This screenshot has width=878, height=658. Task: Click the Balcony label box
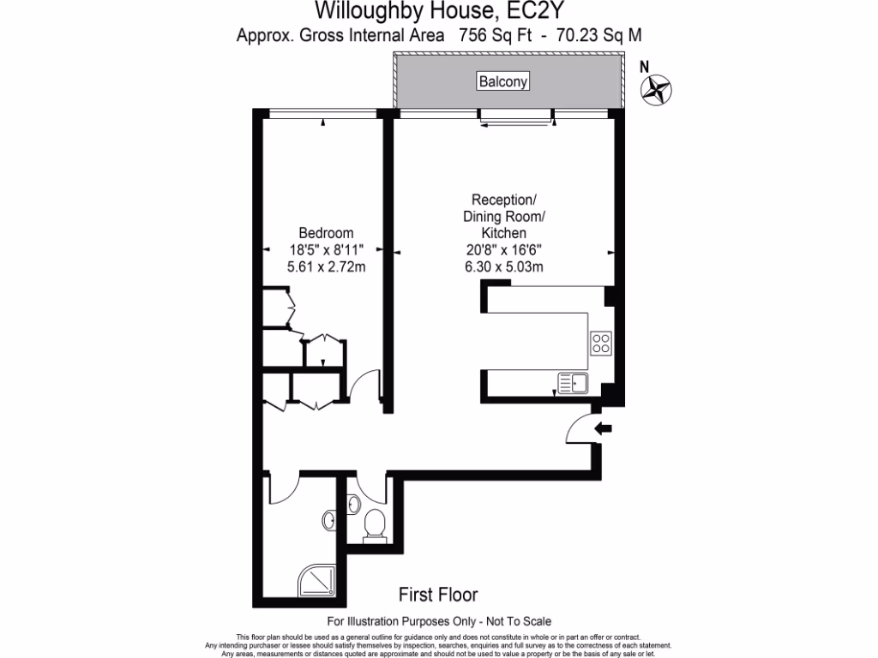click(x=502, y=81)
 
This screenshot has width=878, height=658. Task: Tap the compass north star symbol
click(x=656, y=89)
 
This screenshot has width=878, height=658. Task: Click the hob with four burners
click(x=601, y=343)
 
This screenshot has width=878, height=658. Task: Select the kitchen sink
click(x=573, y=383)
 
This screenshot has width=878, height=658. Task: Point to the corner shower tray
click(x=317, y=580)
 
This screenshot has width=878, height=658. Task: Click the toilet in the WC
click(x=374, y=527)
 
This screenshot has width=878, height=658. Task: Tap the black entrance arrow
click(x=603, y=429)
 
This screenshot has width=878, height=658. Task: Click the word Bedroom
click(x=326, y=233)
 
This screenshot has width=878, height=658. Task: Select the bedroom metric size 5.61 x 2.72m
click(x=326, y=267)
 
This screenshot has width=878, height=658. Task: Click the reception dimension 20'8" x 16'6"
click(x=504, y=250)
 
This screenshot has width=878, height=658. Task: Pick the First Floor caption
click(x=438, y=595)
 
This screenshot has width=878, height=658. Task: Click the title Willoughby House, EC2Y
click(x=438, y=10)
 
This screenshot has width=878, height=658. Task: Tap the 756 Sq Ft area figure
click(x=495, y=35)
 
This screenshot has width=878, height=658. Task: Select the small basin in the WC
click(x=353, y=505)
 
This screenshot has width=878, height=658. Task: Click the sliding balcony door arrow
click(x=515, y=125)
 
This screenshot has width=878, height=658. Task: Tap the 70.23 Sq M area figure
click(x=599, y=35)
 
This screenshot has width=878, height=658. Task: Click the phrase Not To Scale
click(x=519, y=621)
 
